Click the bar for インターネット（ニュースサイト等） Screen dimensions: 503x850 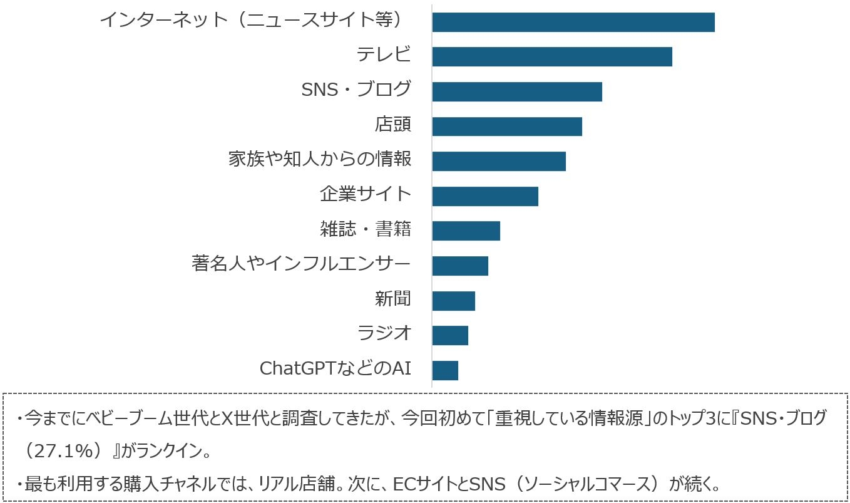click(573, 22)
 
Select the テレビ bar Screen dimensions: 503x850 click(551, 56)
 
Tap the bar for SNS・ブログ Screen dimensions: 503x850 click(516, 91)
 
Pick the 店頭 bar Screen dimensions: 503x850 click(506, 127)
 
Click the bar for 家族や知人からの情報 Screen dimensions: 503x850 click(498, 161)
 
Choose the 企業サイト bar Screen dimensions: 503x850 click(484, 196)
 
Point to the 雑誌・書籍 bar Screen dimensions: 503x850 click(466, 231)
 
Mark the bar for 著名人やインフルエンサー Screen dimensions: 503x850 click(459, 266)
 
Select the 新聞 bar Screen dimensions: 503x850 click(453, 301)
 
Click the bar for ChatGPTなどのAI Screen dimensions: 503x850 click(444, 370)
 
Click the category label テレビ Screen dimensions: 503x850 click(384, 55)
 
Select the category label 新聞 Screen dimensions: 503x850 click(392, 299)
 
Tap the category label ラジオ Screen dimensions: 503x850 click(384, 333)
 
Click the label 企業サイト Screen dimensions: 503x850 click(366, 194)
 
